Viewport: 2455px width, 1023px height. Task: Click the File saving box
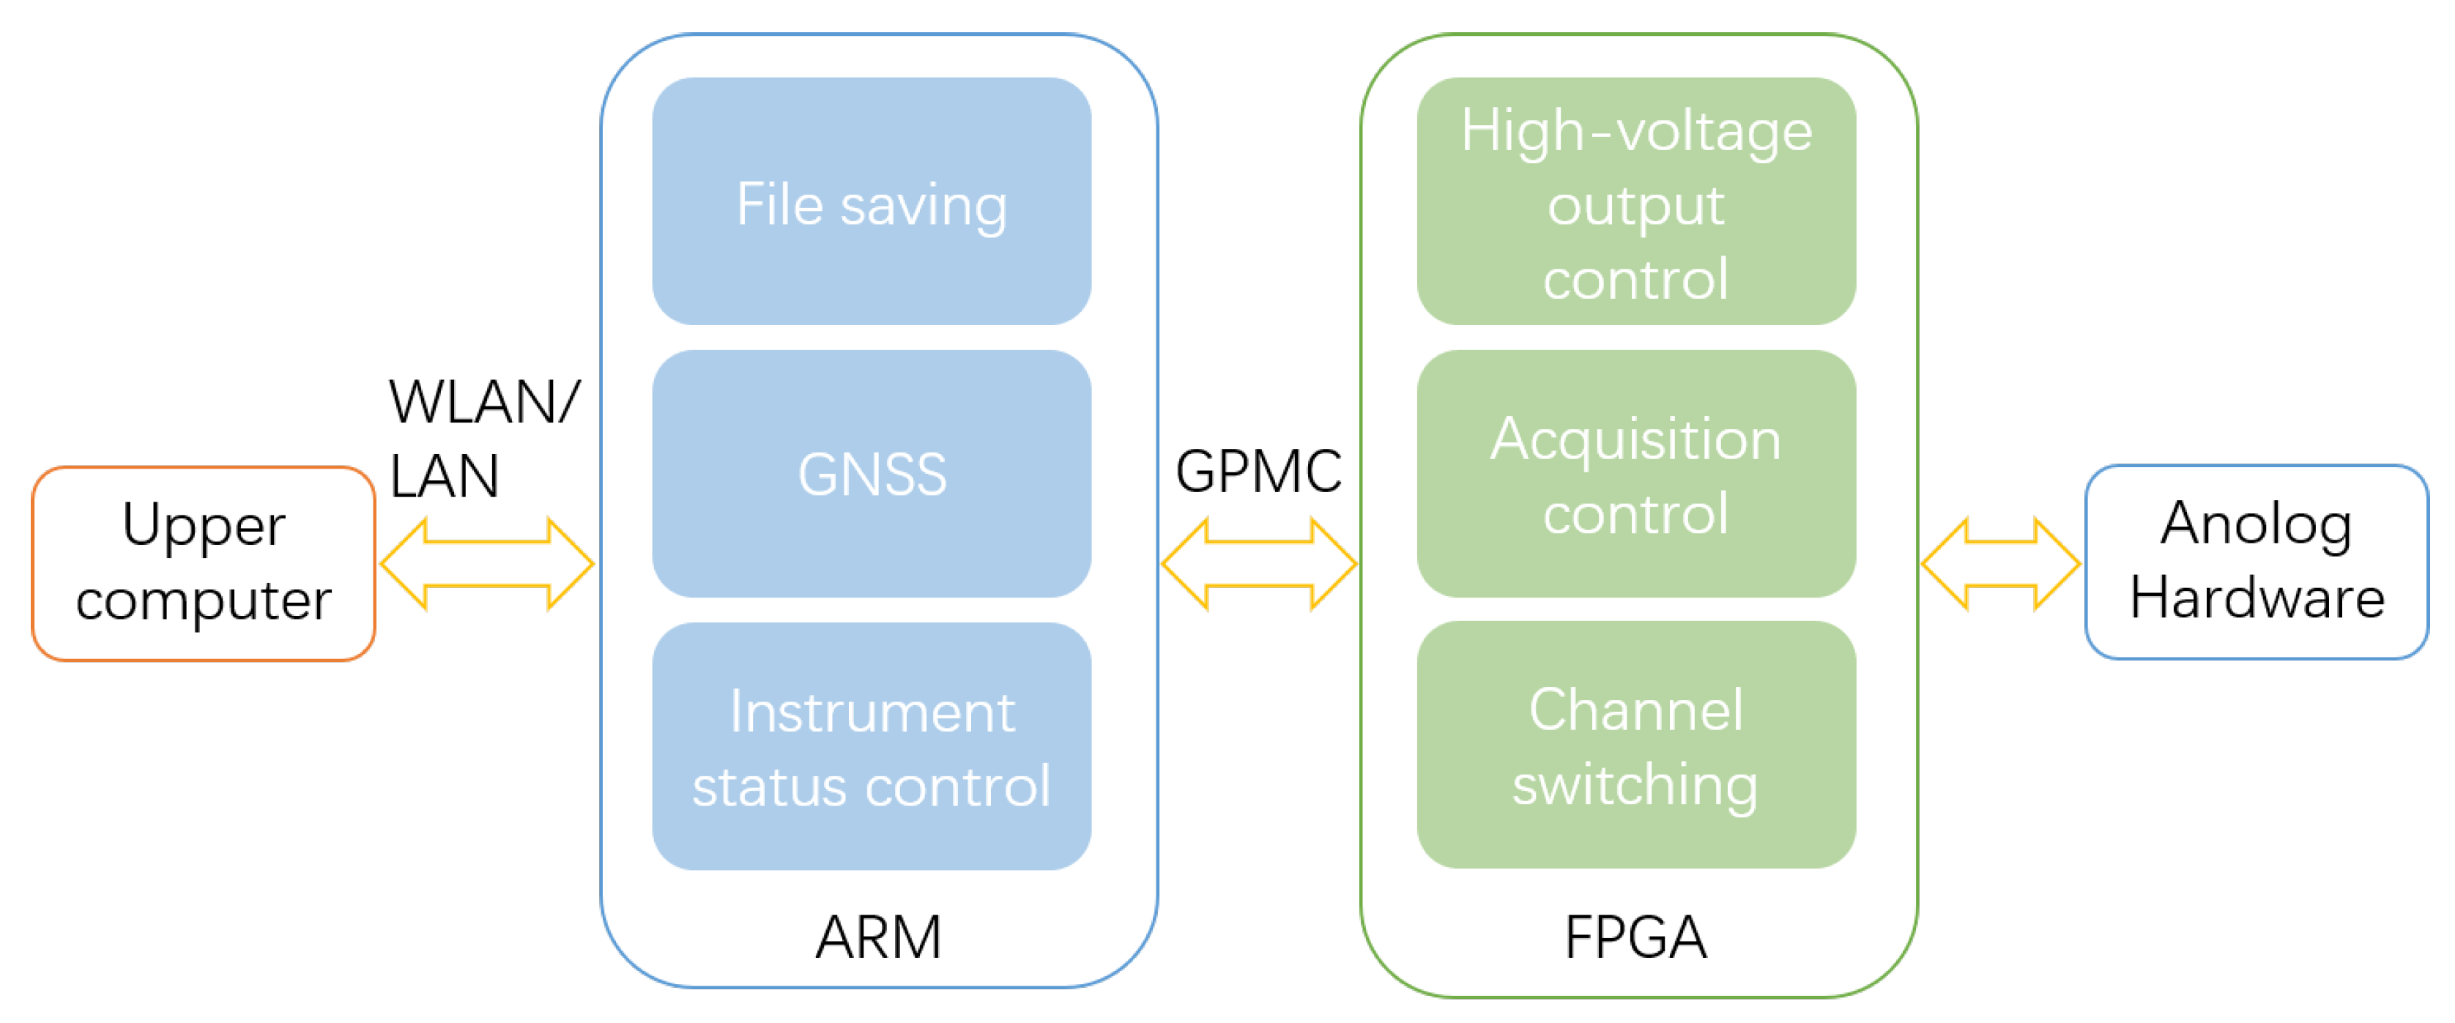pyautogui.click(x=871, y=202)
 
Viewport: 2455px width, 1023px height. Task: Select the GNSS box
pyautogui.click(x=871, y=473)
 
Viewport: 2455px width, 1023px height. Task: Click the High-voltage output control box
pyautogui.click(x=1635, y=202)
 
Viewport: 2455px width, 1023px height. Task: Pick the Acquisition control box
pyautogui.click(x=1635, y=473)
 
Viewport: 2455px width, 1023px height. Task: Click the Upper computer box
pyautogui.click(x=203, y=563)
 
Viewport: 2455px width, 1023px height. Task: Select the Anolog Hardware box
pyautogui.click(x=2256, y=562)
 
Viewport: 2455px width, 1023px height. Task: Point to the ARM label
pyautogui.click(x=877, y=937)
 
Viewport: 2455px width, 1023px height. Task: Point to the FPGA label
pyautogui.click(x=1635, y=937)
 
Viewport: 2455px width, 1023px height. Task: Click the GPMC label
pyautogui.click(x=1258, y=471)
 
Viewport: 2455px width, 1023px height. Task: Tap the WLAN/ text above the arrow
pyautogui.click(x=484, y=402)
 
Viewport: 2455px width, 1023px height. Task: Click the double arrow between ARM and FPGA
pyautogui.click(x=1258, y=564)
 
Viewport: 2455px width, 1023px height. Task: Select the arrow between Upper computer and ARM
pyautogui.click(x=487, y=564)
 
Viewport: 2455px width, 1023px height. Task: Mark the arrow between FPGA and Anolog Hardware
pyautogui.click(x=2000, y=564)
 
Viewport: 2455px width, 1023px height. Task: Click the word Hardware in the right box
pyautogui.click(x=2257, y=598)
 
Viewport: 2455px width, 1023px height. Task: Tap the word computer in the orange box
pyautogui.click(x=203, y=600)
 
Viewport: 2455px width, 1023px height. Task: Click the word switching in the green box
pyautogui.click(x=1635, y=785)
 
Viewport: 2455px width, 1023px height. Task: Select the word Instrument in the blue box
pyautogui.click(x=871, y=712)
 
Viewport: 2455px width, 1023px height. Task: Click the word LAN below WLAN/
pyautogui.click(x=444, y=476)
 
